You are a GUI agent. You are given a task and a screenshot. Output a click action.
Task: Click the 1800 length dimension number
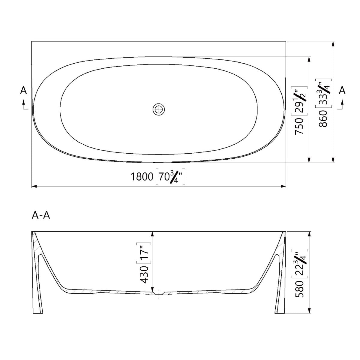142,176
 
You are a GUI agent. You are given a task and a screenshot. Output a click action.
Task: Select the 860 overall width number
323,119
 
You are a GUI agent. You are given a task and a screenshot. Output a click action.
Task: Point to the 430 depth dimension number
144,275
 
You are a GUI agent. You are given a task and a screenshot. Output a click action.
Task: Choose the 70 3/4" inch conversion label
170,176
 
